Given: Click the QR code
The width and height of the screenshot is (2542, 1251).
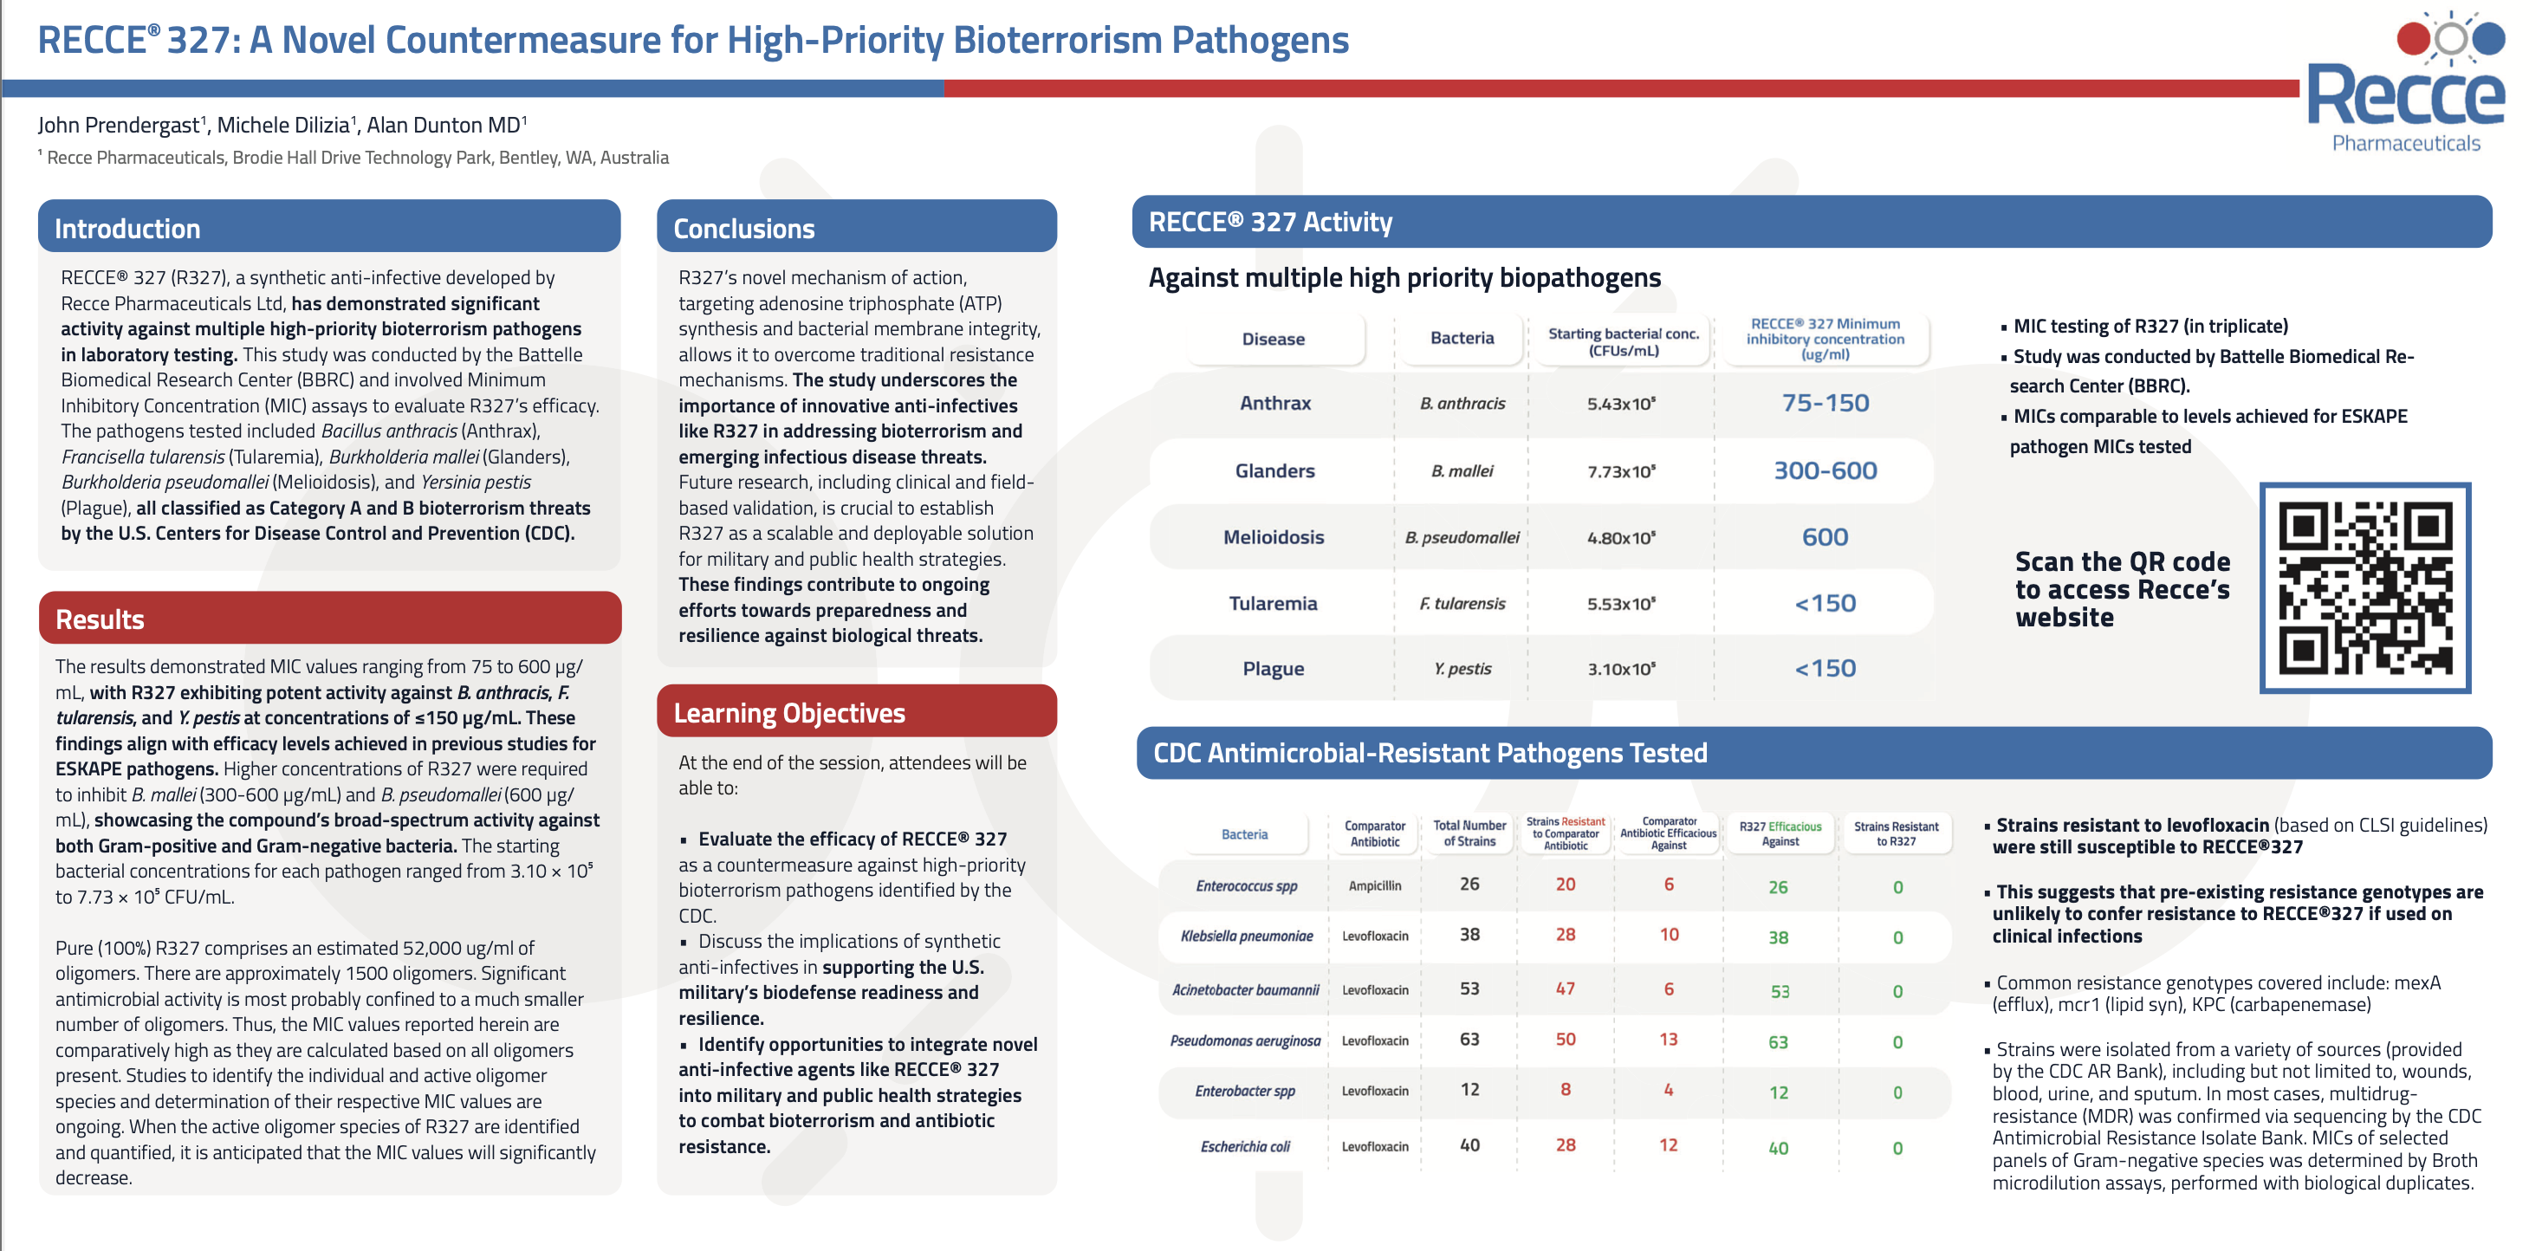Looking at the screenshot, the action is pyautogui.click(x=2364, y=587).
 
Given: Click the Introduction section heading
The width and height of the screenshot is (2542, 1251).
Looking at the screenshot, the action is pyautogui.click(x=127, y=229).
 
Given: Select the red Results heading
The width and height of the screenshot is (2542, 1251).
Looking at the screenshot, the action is pyautogui.click(x=100, y=619).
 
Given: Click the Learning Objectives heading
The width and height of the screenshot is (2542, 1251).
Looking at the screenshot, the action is pyautogui.click(x=788, y=713).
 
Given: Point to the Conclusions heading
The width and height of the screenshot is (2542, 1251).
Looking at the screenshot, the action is pyautogui.click(x=744, y=229).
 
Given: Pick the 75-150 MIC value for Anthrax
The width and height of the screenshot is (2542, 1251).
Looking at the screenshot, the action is pyautogui.click(x=1825, y=403).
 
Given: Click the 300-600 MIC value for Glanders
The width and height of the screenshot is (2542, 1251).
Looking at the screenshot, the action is pyautogui.click(x=1825, y=470).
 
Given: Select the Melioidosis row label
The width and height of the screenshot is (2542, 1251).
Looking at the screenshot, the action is pyautogui.click(x=1273, y=538).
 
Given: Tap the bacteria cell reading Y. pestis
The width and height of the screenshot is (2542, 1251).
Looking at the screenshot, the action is pyautogui.click(x=1462, y=669).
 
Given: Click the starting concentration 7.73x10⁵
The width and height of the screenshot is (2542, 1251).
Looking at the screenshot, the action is pyautogui.click(x=1621, y=471).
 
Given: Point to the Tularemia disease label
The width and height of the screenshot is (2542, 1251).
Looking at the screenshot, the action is pyautogui.click(x=1273, y=604).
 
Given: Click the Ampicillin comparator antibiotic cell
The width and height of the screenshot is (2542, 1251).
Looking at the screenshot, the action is pyautogui.click(x=1375, y=886).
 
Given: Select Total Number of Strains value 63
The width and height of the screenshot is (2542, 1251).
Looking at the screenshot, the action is pyautogui.click(x=1469, y=1039).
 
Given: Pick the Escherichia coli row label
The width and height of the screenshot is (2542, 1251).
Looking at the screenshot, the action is pyautogui.click(x=1245, y=1146).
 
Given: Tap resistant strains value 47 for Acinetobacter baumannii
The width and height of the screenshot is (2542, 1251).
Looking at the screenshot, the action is pyautogui.click(x=1565, y=988).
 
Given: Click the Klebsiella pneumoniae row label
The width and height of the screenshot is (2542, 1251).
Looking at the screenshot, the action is pyautogui.click(x=1247, y=937).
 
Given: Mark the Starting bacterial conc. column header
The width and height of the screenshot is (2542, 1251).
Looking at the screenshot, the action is pyautogui.click(x=1624, y=341).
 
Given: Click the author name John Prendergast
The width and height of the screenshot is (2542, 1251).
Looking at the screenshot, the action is pyautogui.click(x=119, y=126).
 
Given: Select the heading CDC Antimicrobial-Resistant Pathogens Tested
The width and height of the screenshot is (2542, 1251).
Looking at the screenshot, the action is pyautogui.click(x=1430, y=753).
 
